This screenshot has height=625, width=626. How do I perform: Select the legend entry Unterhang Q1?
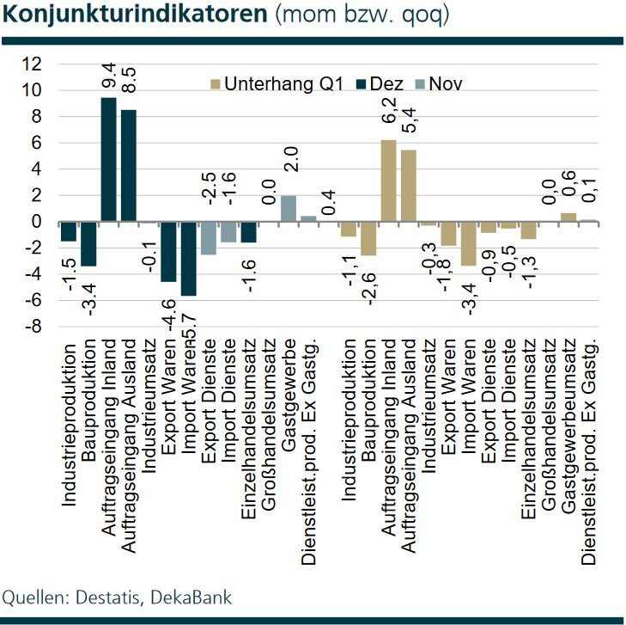[x=277, y=83]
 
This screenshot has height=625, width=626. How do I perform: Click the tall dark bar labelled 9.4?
[x=109, y=159]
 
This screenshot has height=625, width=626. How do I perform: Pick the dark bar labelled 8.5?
[x=129, y=165]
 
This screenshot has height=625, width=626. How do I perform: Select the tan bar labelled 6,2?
[x=388, y=181]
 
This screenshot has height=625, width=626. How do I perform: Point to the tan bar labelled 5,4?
[x=408, y=186]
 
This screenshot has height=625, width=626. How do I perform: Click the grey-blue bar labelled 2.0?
[x=289, y=208]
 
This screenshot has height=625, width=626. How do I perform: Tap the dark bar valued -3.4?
[x=89, y=243]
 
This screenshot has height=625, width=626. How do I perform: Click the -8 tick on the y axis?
[x=33, y=328]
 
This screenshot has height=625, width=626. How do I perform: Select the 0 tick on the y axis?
[x=37, y=222]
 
